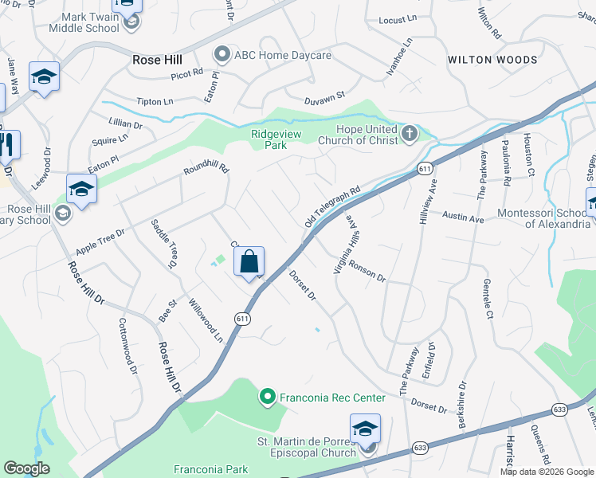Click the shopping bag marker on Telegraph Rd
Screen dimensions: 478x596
point(249,262)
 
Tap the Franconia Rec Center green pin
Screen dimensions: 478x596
point(267,396)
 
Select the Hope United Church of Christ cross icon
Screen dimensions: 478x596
point(410,132)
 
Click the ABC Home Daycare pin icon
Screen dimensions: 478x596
point(222,55)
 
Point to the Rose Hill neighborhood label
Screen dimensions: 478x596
point(157,60)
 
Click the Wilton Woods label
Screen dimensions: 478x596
point(492,60)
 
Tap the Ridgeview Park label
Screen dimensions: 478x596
point(276,139)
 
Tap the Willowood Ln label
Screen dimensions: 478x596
point(206,320)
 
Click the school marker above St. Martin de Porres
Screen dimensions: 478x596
point(365,429)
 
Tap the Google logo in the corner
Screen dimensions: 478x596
point(26,468)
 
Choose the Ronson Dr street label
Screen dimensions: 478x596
point(367,273)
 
